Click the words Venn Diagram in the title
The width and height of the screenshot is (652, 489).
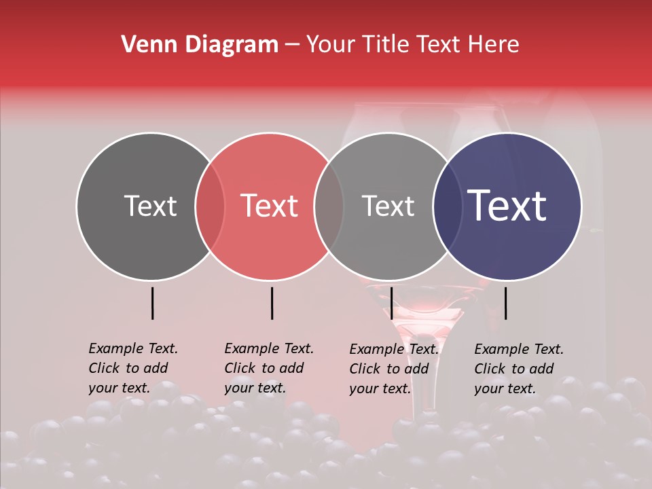pos(200,45)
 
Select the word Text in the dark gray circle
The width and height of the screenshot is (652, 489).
pos(150,206)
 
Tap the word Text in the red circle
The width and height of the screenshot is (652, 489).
pos(270,206)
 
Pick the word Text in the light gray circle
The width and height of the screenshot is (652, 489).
pos(388,206)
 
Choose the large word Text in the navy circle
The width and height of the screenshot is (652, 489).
pos(507,206)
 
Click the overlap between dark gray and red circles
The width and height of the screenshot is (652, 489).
pos(210,206)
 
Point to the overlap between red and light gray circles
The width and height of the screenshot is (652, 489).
pos(329,206)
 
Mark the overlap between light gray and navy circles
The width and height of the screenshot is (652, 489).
pos(448,206)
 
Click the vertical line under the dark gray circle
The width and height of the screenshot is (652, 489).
pos(152,303)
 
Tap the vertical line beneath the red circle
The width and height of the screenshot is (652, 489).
pos(272,303)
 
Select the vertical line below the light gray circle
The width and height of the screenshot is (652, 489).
pos(391,303)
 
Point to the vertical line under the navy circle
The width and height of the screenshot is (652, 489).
pos(505,303)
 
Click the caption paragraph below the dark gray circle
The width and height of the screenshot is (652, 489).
pos(132,368)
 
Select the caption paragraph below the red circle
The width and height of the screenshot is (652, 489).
pos(268,368)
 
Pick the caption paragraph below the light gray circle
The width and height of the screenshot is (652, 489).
pos(393,369)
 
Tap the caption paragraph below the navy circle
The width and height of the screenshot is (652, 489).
pos(518,369)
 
